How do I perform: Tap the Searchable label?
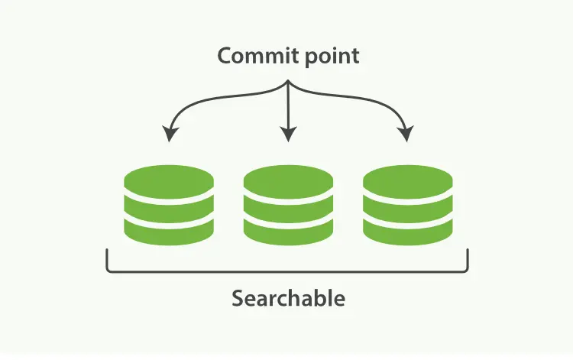coord(288,297)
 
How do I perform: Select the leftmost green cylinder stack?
coord(169,206)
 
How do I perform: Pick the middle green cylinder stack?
coord(288,206)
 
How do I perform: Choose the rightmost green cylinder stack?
coord(407,206)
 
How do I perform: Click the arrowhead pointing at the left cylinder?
coord(170,135)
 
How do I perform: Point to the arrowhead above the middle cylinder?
coord(288,135)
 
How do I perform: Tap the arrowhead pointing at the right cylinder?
coord(405,135)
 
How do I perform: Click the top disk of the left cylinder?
coord(169,180)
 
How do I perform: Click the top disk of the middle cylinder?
coord(288,180)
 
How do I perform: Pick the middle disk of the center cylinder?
coord(288,206)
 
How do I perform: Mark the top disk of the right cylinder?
coord(407,180)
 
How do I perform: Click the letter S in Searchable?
coord(238,297)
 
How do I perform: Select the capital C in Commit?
coord(225,57)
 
